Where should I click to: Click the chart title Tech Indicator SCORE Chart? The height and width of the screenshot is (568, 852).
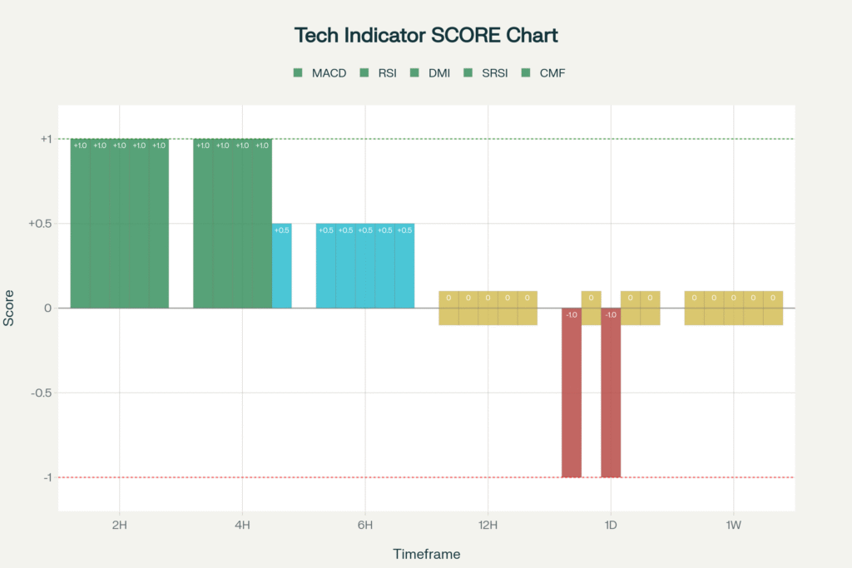point(425,36)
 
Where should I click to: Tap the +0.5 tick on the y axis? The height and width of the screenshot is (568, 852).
point(40,224)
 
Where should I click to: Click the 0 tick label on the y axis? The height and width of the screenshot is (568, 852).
point(47,309)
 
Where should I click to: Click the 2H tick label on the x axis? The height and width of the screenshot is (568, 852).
point(120,525)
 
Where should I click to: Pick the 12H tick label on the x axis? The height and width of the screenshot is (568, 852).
point(488,525)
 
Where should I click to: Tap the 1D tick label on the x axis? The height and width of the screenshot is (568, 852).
point(611,525)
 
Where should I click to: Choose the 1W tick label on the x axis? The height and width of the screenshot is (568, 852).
point(733,525)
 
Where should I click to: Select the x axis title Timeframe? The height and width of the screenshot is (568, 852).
point(426,554)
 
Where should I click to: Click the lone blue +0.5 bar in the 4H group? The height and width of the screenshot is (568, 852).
point(282,266)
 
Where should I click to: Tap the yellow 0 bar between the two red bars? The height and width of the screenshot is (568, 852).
point(591,308)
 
